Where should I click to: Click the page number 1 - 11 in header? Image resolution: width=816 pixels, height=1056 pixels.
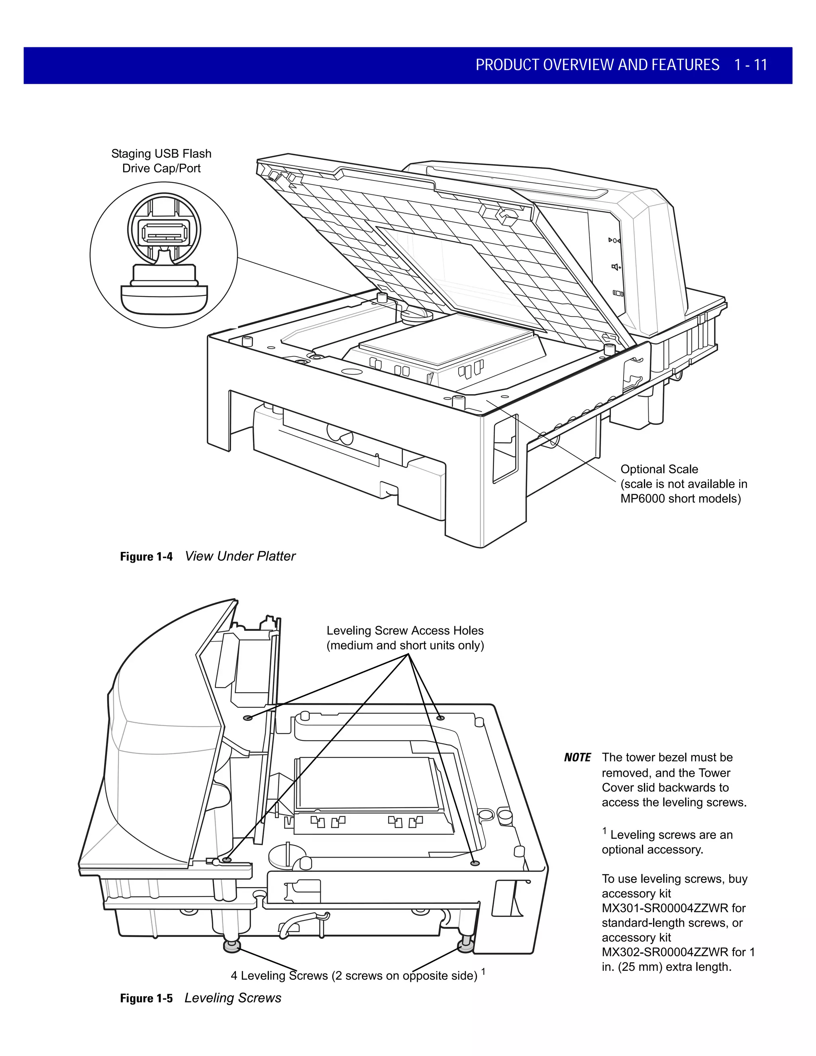click(x=750, y=65)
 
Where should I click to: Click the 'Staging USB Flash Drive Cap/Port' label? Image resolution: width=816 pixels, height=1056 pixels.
click(x=161, y=161)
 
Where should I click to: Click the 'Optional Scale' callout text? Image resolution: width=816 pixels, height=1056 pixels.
click(x=659, y=469)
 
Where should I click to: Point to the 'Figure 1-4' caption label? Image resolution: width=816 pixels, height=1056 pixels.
click(x=146, y=557)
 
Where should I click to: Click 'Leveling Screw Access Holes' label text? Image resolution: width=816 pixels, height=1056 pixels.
click(x=405, y=630)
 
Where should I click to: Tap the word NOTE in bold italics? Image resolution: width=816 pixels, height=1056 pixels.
click(x=577, y=757)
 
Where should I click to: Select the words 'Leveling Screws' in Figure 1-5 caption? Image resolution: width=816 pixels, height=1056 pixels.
click(x=233, y=998)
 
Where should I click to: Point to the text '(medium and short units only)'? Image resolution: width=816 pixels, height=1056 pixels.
click(x=405, y=646)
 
